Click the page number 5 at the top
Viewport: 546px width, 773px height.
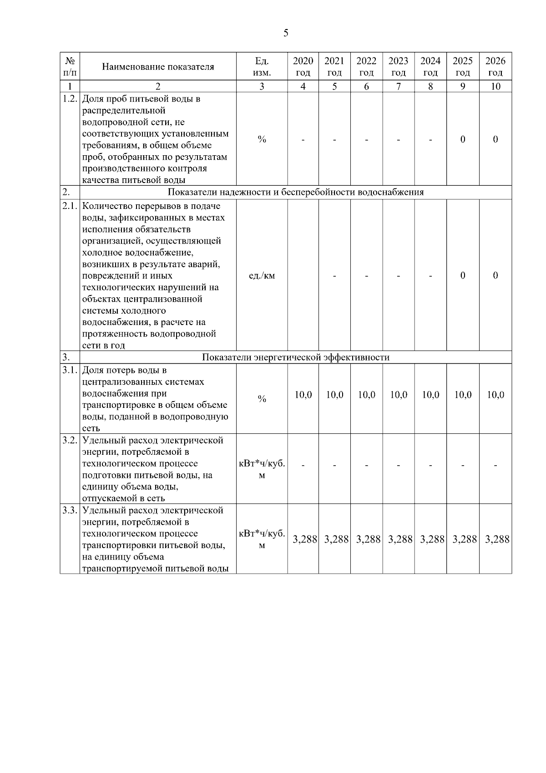(x=286, y=33)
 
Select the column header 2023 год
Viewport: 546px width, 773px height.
(x=398, y=66)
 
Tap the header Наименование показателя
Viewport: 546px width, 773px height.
(x=158, y=67)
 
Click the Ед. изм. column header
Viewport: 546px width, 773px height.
(x=262, y=66)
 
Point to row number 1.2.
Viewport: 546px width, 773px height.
(x=70, y=99)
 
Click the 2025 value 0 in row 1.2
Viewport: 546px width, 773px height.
(x=463, y=139)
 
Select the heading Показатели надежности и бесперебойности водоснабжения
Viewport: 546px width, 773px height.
(x=296, y=192)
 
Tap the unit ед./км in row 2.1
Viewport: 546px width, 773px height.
(x=262, y=275)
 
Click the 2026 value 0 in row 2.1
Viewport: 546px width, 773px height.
(x=495, y=275)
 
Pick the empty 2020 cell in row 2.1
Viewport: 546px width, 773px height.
(x=303, y=275)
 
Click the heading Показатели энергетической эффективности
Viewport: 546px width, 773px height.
(x=296, y=357)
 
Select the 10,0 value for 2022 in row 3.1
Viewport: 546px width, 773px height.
(x=366, y=395)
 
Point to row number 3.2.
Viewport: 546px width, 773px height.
(x=70, y=440)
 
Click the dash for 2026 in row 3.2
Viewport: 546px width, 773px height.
(x=495, y=465)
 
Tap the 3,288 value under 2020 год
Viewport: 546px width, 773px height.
(x=304, y=539)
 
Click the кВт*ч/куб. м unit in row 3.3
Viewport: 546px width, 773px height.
(x=262, y=539)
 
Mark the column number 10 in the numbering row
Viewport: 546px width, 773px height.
(x=495, y=86)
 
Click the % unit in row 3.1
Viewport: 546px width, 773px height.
(x=262, y=399)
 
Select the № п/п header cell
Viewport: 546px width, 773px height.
(x=70, y=66)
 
